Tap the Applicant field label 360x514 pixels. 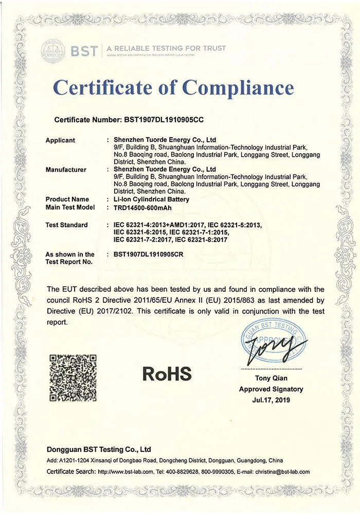[60, 140]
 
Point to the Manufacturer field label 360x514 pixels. [66, 169]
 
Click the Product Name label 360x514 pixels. [67, 199]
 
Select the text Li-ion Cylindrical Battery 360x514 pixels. [151, 199]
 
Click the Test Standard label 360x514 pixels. [67, 225]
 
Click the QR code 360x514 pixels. [73, 378]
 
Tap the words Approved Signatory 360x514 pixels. [271, 390]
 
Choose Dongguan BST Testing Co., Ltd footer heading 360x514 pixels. [98, 449]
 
